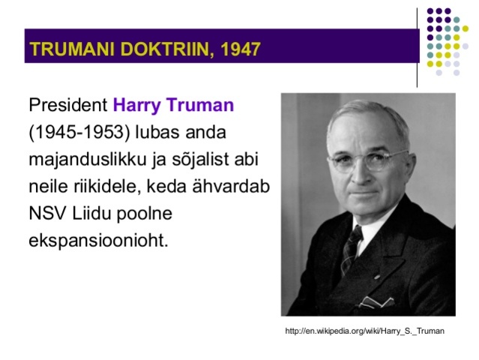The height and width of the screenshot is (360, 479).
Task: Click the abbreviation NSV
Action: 47,214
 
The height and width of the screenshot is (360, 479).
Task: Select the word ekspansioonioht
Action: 97,241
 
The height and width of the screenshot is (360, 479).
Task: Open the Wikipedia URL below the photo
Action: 365,331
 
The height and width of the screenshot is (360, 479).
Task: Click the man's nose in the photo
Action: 366,176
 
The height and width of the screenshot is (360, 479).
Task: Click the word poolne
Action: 142,214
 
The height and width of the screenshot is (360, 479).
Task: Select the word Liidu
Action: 91,214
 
